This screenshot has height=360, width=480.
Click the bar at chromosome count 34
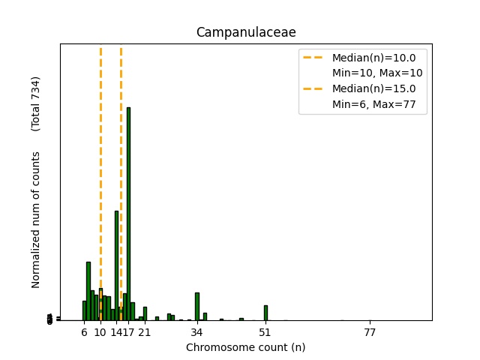click(x=197, y=306)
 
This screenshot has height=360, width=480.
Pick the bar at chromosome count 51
click(x=265, y=312)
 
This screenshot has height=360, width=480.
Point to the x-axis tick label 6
click(x=84, y=332)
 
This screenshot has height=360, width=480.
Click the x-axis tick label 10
click(x=100, y=332)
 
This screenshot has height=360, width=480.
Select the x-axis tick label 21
click(x=145, y=332)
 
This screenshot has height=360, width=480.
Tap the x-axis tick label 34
click(x=197, y=332)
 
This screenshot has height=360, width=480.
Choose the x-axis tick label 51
click(x=265, y=332)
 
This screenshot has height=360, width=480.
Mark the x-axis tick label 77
click(x=370, y=332)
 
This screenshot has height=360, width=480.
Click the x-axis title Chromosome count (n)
click(x=245, y=347)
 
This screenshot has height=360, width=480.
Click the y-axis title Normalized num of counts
click(x=36, y=219)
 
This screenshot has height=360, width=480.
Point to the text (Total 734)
click(x=36, y=104)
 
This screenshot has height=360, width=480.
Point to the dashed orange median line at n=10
click(x=100, y=150)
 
